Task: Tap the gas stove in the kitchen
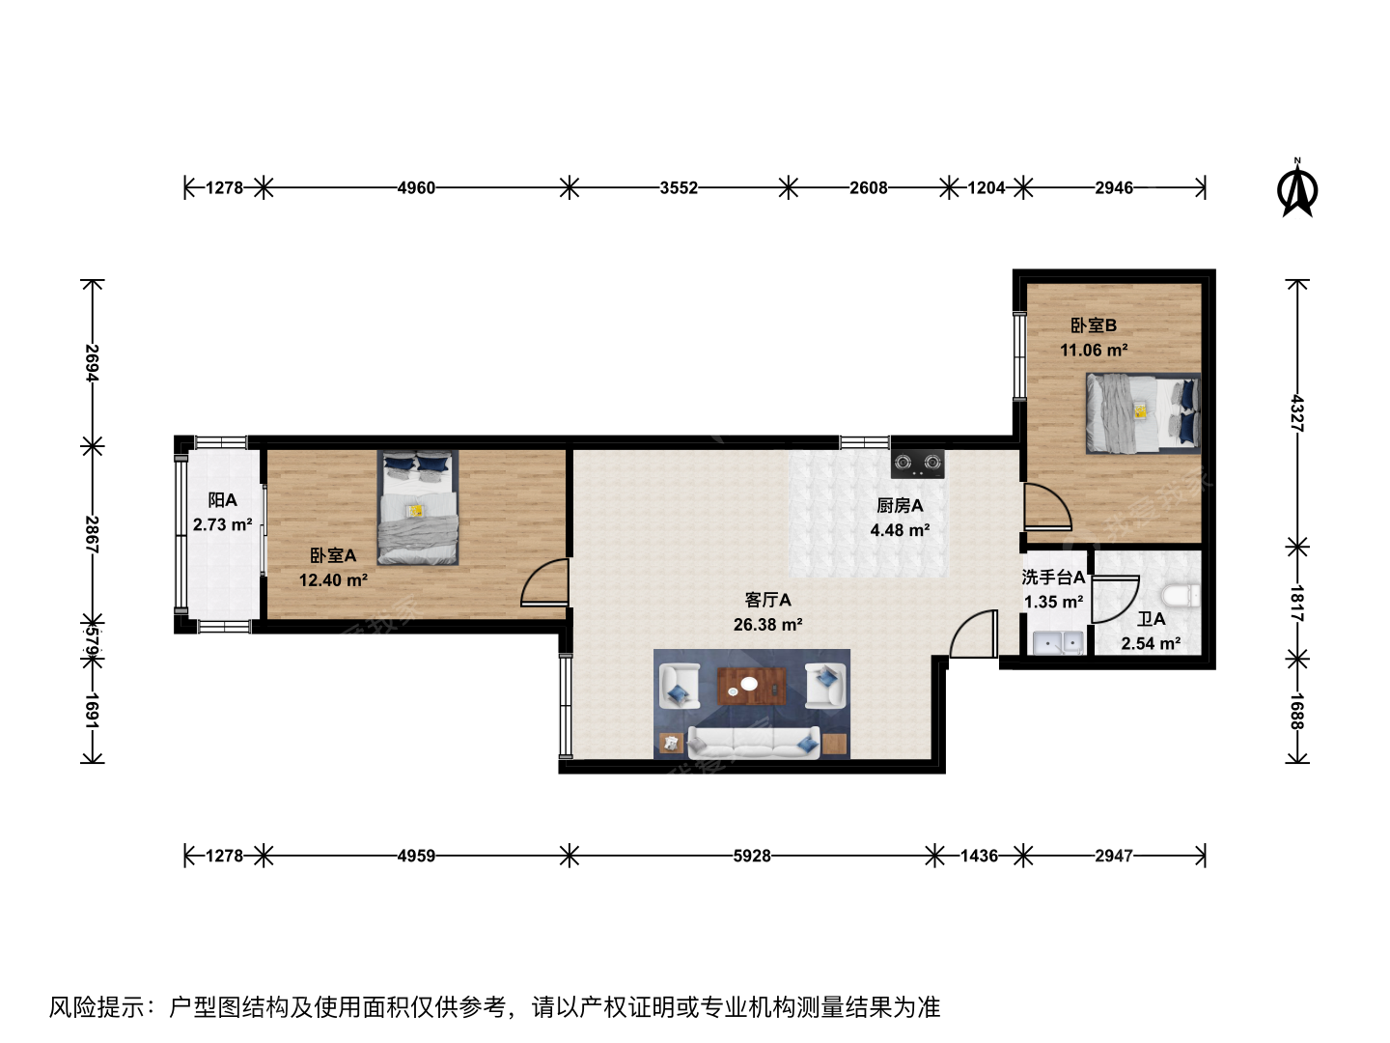[917, 464]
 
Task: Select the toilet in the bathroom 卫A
[1181, 595]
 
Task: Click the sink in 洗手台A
[1058, 643]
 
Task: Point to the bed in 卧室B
[1143, 413]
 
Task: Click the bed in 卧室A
[417, 507]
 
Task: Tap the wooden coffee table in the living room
[752, 686]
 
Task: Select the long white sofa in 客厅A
[754, 743]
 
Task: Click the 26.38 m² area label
[767, 625]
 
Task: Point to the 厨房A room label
[900, 505]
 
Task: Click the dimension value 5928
[752, 856]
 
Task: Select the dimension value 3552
[679, 187]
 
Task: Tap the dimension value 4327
[1297, 413]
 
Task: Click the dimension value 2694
[93, 363]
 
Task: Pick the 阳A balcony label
[222, 500]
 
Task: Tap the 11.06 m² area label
[1094, 350]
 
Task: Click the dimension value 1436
[979, 856]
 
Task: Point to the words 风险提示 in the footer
[97, 1007]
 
